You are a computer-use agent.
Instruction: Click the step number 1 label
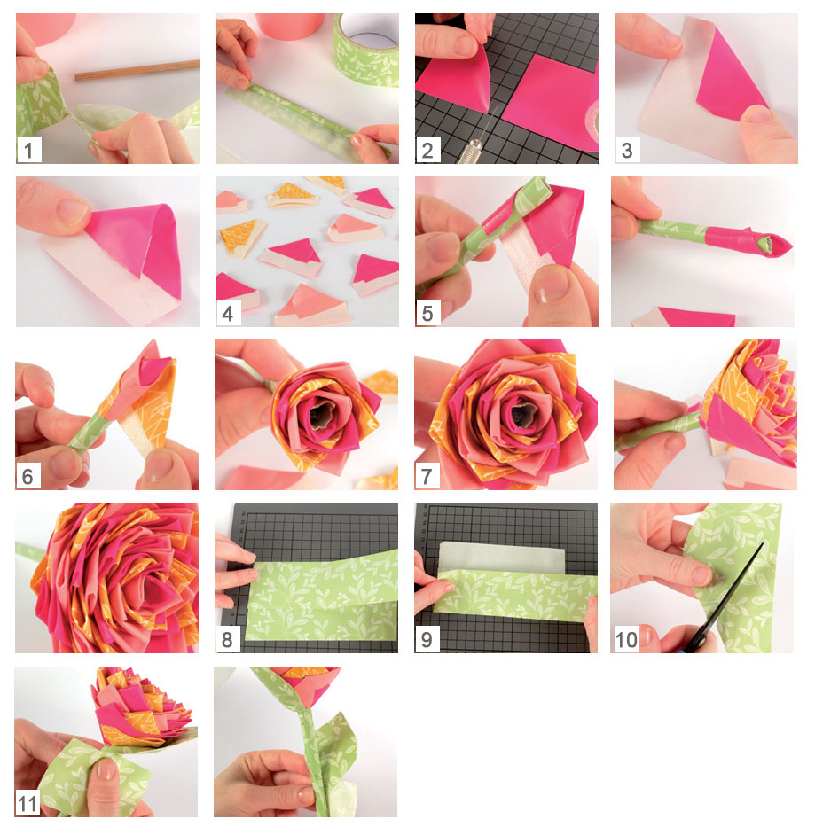pos(28,150)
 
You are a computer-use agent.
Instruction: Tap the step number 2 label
pos(427,150)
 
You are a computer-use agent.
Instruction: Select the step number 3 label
pos(628,150)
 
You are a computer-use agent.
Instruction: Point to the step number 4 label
pos(228,313)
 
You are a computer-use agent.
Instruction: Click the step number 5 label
pos(427,313)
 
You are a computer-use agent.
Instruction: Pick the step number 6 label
pos(28,476)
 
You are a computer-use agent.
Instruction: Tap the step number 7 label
pos(427,476)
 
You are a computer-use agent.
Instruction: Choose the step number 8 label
pos(227,639)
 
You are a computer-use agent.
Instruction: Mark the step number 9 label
pos(427,639)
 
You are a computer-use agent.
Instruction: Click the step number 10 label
pos(626,639)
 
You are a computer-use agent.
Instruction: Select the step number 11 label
pos(28,803)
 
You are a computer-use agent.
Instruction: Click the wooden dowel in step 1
pos(137,71)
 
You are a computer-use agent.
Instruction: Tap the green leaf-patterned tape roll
pos(366,50)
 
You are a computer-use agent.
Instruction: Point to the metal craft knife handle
pos(469,152)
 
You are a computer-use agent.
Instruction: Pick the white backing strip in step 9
pos(501,557)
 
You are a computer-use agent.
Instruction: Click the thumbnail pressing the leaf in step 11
pos(106,769)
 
